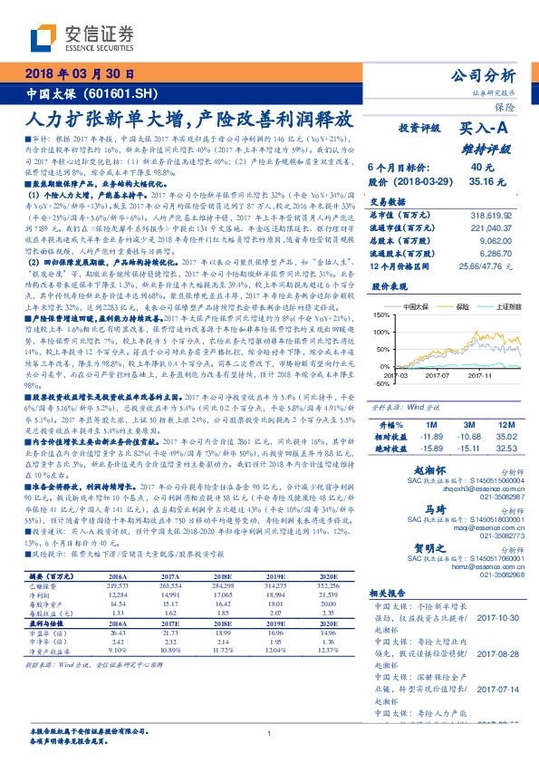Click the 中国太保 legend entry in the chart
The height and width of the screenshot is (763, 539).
[416, 307]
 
